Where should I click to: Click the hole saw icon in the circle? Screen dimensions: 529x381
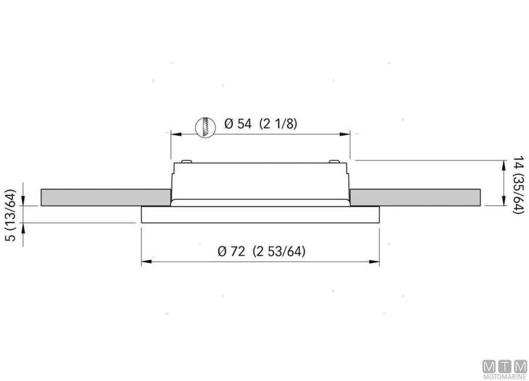(206, 127)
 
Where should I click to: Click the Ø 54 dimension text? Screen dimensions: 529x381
(238, 124)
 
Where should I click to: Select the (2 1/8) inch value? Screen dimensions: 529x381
(279, 124)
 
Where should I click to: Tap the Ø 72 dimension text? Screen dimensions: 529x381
(231, 252)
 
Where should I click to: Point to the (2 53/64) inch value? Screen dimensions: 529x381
(279, 252)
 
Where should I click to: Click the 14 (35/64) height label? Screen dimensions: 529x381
(518, 185)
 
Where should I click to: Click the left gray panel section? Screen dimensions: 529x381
(106, 198)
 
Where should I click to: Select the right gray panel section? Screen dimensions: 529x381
(415, 198)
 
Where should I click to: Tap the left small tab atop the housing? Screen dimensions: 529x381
(186, 162)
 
